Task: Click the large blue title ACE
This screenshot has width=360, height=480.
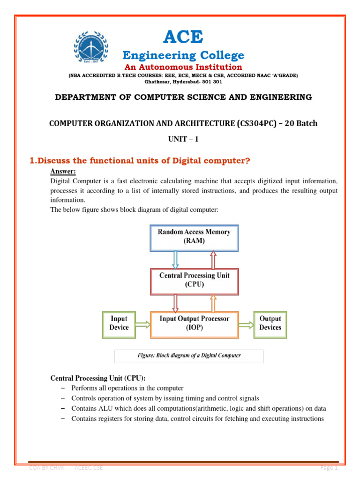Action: (183, 37)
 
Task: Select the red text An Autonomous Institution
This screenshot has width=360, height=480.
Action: (183, 67)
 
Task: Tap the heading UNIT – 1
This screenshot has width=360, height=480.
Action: (183, 139)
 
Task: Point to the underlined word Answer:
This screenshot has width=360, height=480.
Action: (63, 172)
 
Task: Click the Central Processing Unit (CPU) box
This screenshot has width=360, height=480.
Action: (194, 279)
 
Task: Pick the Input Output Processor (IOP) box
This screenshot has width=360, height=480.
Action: (194, 323)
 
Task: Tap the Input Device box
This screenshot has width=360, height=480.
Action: (119, 323)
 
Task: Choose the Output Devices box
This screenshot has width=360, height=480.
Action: (270, 323)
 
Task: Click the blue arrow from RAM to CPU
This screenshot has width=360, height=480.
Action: (175, 259)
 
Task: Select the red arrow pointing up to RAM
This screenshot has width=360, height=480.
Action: (213, 259)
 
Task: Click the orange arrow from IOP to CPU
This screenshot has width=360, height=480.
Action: (213, 302)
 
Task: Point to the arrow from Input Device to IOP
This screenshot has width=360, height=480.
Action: (143, 324)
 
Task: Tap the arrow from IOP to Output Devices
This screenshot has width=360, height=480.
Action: (245, 324)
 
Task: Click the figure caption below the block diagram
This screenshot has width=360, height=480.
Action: (189, 355)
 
